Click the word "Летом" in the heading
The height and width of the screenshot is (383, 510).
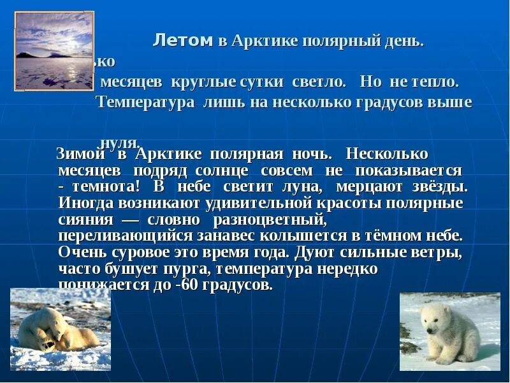(x=182, y=41)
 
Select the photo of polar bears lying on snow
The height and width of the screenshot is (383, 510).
(x=61, y=329)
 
